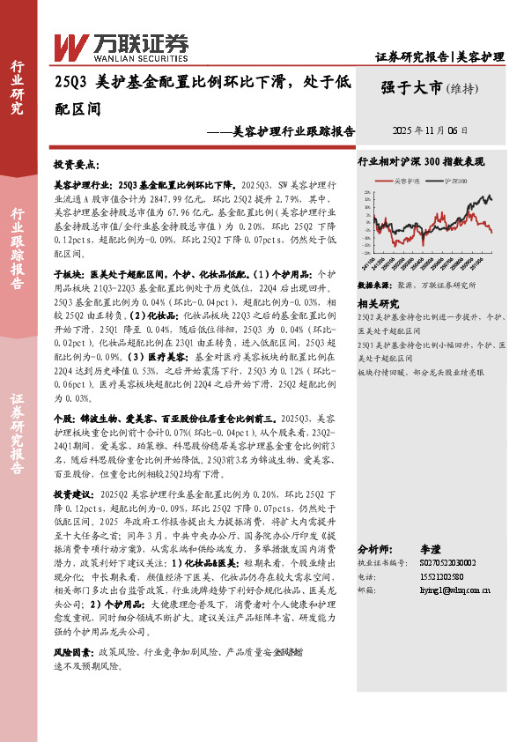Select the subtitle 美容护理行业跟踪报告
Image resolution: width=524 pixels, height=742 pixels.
click(294, 131)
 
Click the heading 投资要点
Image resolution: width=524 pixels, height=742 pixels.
click(77, 165)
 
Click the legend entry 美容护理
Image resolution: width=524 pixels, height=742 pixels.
click(407, 181)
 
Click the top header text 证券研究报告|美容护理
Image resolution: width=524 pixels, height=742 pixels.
click(439, 56)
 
